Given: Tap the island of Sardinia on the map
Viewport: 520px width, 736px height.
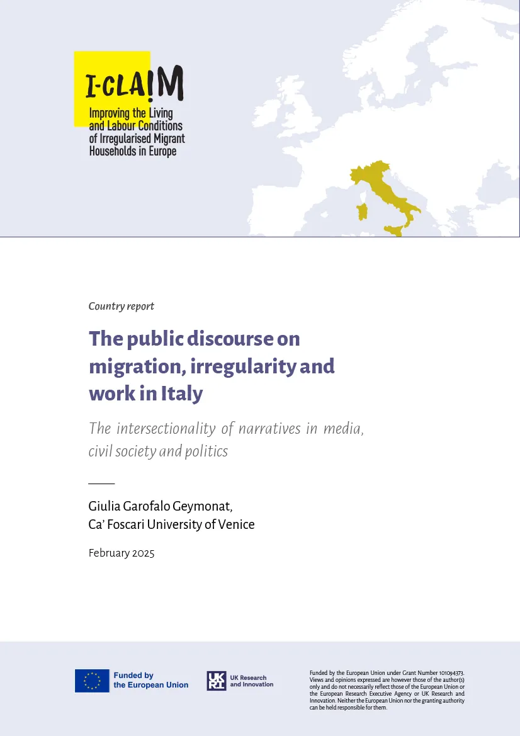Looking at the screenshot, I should (x=362, y=212).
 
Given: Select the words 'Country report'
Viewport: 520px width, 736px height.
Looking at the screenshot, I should (x=122, y=307).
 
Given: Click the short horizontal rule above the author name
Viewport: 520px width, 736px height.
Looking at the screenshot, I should (x=101, y=483).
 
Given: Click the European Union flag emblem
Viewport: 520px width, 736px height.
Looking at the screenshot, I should (x=92, y=681).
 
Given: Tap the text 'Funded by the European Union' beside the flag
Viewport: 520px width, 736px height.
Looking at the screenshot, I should (x=150, y=681).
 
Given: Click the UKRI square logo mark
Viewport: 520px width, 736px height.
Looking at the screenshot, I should (x=216, y=681).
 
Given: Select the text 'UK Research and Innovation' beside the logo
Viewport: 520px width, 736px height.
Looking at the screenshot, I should (x=251, y=681).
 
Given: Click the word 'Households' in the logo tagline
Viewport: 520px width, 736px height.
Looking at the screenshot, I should (x=116, y=152).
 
